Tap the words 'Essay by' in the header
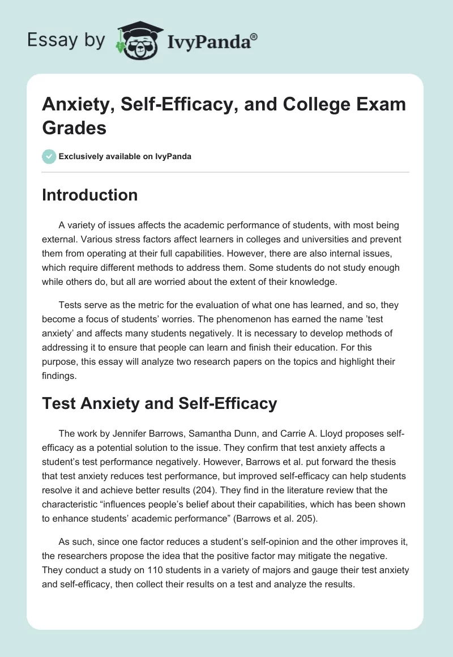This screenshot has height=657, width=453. tap(66, 40)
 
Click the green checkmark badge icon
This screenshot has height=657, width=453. tap(49, 156)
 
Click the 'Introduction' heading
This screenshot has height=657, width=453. tap(89, 195)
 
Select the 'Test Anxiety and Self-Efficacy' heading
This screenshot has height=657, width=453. tap(160, 403)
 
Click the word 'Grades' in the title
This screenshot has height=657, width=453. tap(74, 127)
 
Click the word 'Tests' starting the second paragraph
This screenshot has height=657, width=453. tap(70, 305)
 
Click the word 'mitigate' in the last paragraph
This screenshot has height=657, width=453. tap(344, 556)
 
